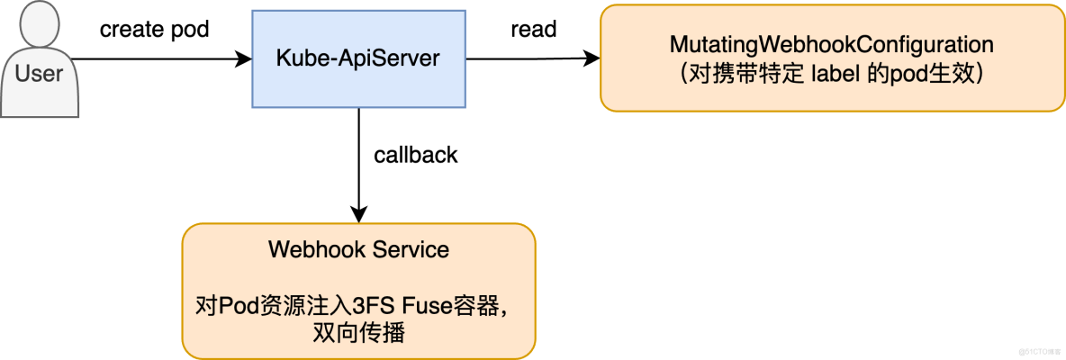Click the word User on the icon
click(39, 73)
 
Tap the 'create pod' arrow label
click(154, 29)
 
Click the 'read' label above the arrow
click(533, 29)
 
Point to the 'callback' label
click(415, 155)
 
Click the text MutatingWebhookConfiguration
click(832, 44)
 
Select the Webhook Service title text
click(358, 249)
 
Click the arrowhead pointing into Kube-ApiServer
click(243, 59)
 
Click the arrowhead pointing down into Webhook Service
click(359, 215)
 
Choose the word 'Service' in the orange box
click(411, 249)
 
